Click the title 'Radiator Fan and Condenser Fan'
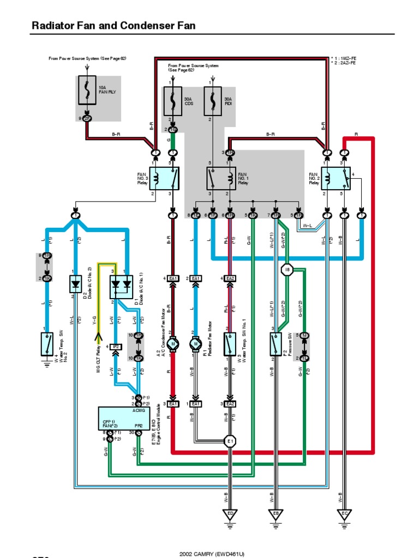click(x=113, y=26)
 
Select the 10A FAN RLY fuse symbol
click(x=87, y=90)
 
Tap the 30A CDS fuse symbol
click(x=173, y=101)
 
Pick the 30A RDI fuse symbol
click(x=212, y=101)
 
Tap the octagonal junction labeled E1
click(x=230, y=440)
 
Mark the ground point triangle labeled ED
click(x=230, y=513)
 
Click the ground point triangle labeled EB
click(x=275, y=513)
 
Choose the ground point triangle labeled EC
click(x=344, y=513)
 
